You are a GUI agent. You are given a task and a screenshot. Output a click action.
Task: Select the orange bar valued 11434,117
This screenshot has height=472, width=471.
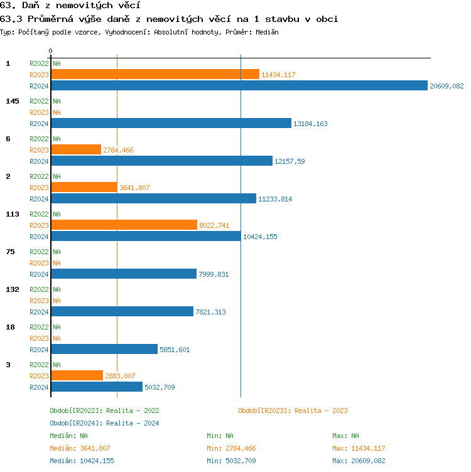(x=155, y=75)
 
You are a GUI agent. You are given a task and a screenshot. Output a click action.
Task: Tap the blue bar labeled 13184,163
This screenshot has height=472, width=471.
(x=171, y=124)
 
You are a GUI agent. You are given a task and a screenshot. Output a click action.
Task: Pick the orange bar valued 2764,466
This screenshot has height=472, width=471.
(x=76, y=150)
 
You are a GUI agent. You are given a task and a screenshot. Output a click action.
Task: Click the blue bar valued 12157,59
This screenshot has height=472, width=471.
(x=161, y=161)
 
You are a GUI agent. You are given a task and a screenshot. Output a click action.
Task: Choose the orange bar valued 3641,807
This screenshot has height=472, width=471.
(x=84, y=188)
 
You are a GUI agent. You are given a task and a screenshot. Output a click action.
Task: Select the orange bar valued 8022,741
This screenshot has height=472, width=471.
(x=124, y=225)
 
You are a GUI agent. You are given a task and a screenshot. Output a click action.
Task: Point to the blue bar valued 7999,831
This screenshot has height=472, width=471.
(x=124, y=274)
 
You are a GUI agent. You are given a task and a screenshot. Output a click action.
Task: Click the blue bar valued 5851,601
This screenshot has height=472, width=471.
(x=104, y=350)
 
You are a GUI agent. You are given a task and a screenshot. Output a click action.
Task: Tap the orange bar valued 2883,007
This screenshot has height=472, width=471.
(x=77, y=376)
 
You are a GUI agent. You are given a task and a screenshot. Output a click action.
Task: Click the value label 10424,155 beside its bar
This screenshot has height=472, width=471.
(x=260, y=237)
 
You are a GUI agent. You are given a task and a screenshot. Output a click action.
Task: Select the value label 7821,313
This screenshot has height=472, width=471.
(x=211, y=312)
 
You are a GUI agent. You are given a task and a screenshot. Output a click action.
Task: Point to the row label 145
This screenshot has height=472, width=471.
(x=13, y=101)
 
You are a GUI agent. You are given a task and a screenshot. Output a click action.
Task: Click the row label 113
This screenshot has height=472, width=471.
(x=13, y=214)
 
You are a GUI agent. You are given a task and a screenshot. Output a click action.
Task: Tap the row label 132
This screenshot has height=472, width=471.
(x=13, y=289)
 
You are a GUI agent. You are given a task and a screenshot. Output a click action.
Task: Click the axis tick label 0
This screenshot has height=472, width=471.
(x=51, y=51)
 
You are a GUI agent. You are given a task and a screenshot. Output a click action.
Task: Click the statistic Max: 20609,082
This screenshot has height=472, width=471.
(x=359, y=461)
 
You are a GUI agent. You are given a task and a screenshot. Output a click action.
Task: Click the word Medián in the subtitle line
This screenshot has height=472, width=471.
(x=266, y=32)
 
